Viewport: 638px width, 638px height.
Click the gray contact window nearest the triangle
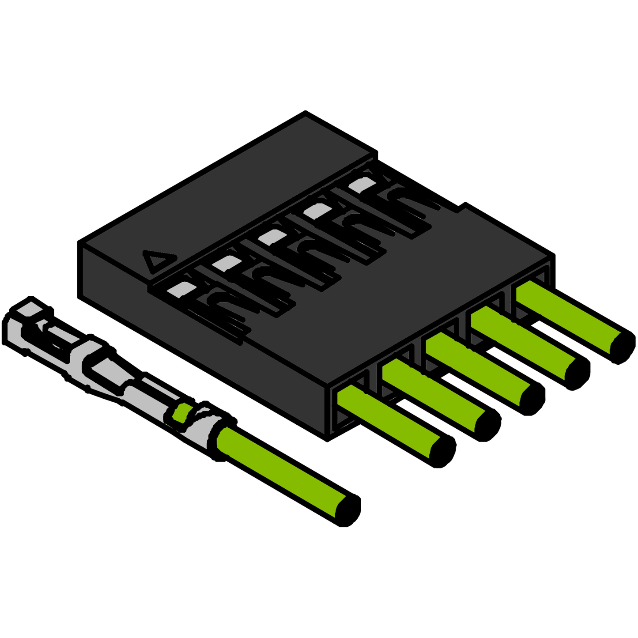[181, 288]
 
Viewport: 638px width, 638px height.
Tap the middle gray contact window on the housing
[272, 236]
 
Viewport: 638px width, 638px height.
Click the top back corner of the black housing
[306, 113]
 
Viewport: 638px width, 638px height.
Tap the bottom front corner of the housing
[327, 439]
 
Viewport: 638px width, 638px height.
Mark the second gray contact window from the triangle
[227, 262]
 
